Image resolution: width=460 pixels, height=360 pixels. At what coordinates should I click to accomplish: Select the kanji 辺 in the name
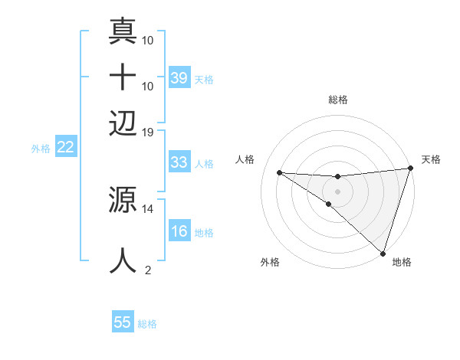(123, 123)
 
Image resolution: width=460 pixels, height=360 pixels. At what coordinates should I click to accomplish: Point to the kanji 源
(123, 201)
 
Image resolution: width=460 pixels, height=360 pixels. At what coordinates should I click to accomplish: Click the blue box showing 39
(179, 77)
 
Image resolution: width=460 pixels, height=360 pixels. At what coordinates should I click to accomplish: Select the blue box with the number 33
(179, 162)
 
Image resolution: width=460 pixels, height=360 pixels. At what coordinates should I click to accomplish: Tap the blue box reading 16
(179, 232)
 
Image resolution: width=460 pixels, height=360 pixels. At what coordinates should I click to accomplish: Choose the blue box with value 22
(65, 147)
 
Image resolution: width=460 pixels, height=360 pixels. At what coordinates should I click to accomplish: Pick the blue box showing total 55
(123, 322)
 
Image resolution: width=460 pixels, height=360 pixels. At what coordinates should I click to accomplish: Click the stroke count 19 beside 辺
(147, 132)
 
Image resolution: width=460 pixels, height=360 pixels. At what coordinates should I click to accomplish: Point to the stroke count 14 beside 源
(147, 208)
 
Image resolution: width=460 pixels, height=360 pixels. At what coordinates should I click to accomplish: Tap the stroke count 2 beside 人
(148, 270)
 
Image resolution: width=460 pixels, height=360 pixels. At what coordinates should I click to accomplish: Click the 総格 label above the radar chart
(338, 100)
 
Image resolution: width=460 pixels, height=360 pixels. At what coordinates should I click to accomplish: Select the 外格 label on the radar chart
(269, 262)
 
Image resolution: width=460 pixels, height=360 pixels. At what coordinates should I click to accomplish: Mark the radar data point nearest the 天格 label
(410, 169)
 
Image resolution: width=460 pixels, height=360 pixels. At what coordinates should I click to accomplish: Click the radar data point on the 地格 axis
(383, 254)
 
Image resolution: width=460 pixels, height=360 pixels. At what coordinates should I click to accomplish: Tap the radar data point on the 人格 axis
(280, 172)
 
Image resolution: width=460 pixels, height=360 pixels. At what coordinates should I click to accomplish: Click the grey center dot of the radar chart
(337, 190)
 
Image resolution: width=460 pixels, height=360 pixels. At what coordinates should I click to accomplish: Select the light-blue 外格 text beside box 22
(40, 148)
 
